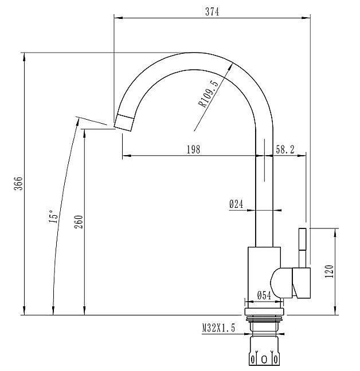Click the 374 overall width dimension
[x=212, y=11]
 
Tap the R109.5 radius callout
[x=209, y=94]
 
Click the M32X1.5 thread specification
[x=219, y=329]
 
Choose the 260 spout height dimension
[x=79, y=221]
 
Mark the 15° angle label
[x=52, y=216]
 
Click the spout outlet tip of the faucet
[x=124, y=121]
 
